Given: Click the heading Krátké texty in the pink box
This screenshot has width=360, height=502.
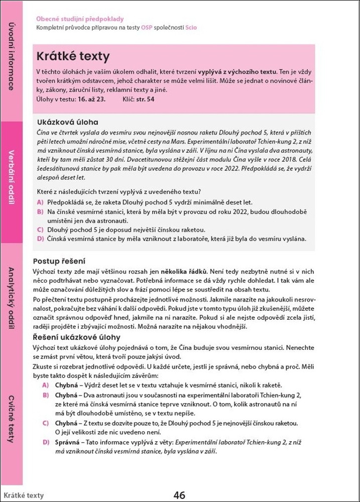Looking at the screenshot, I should (73, 56).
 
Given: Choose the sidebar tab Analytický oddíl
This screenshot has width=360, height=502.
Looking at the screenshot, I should (11, 298).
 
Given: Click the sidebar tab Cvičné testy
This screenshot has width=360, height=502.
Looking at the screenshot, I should (11, 419).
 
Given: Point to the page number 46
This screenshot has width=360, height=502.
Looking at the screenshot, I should (179, 495).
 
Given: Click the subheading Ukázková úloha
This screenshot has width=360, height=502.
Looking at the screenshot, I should (68, 122).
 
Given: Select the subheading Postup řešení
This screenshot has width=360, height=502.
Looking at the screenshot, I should (59, 261).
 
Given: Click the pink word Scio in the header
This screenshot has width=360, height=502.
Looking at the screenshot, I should (191, 28).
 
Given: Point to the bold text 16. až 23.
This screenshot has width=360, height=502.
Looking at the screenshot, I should (92, 99).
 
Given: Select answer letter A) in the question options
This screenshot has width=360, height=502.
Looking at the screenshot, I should (40, 202).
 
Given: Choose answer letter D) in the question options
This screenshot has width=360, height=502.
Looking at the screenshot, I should (40, 238).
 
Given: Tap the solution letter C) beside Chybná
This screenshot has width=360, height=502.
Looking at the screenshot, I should (45, 423).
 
